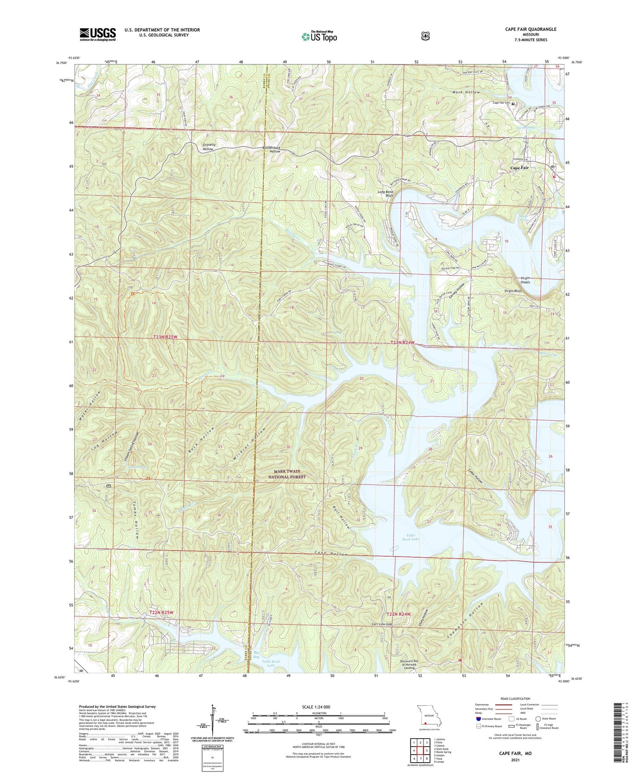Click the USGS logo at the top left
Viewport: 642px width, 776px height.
coord(98,34)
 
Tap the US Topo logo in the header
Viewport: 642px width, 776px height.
coord(319,36)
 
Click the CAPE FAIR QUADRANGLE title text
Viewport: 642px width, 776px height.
coord(530,29)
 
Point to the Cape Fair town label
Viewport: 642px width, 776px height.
coord(519,168)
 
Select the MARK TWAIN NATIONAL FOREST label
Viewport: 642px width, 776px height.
coord(287,474)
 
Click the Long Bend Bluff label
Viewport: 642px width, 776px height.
coord(386,194)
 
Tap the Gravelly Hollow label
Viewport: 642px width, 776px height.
coord(208,147)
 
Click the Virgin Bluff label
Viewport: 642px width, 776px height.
coord(513,291)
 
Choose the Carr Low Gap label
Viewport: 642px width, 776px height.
coord(382,624)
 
